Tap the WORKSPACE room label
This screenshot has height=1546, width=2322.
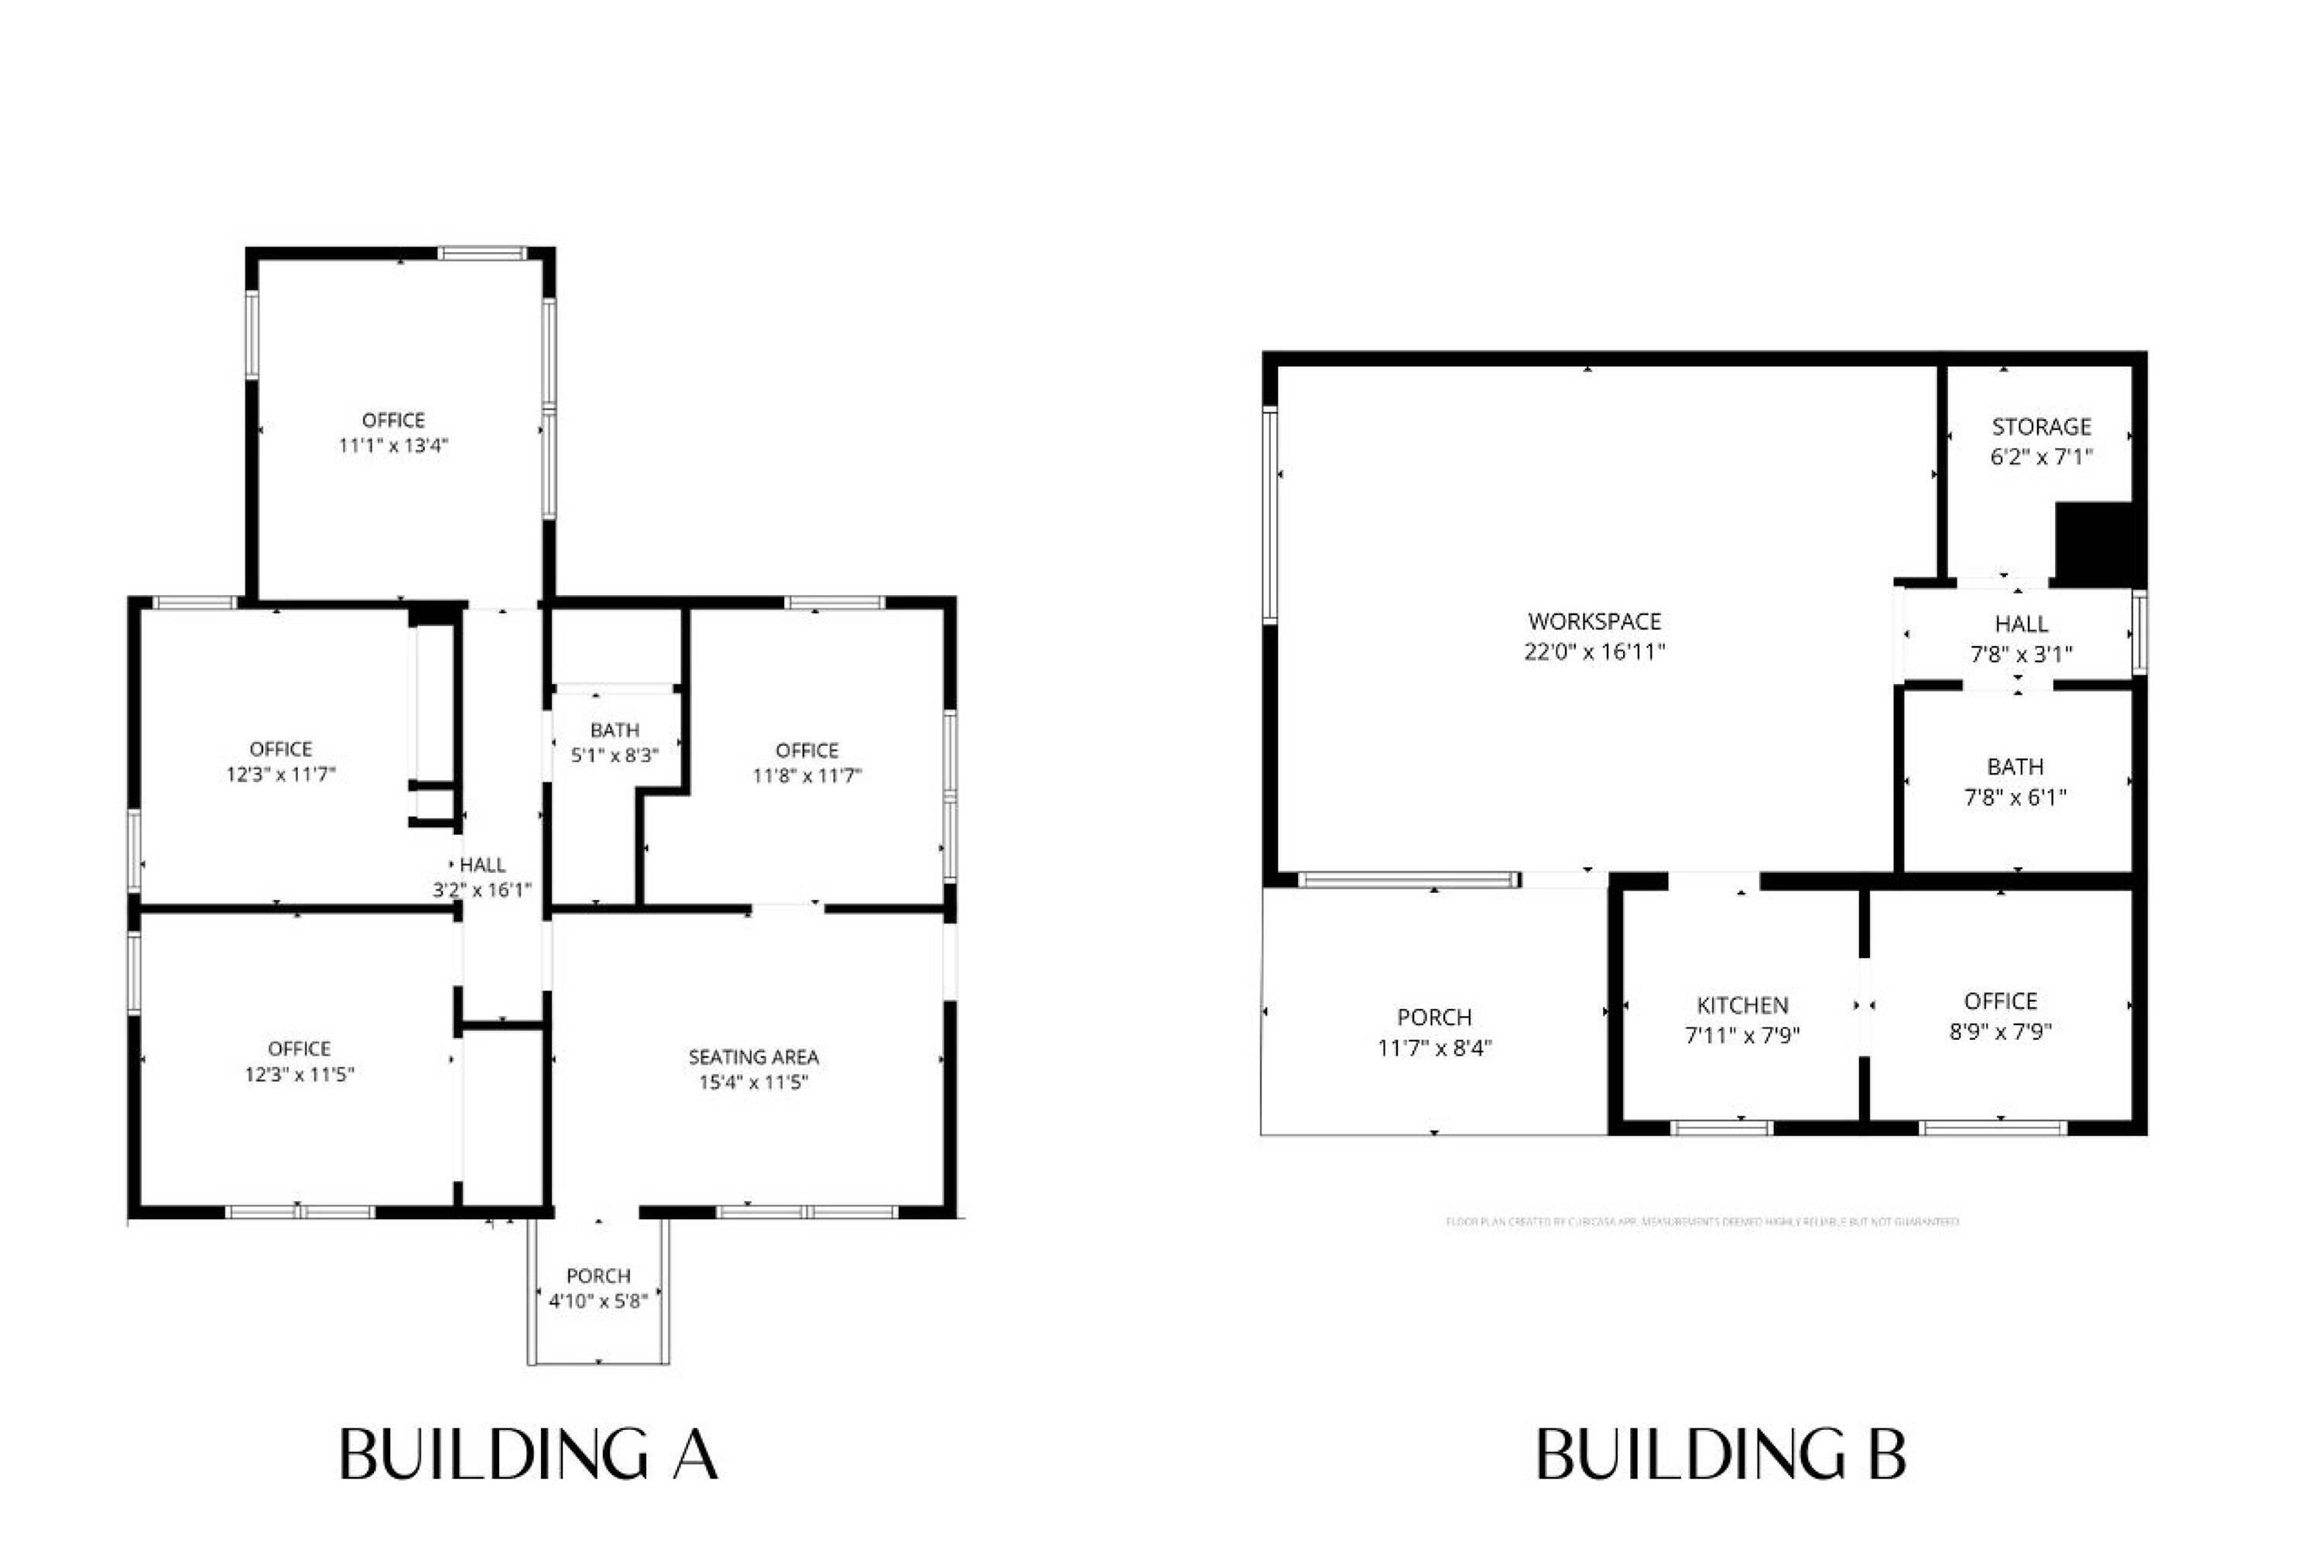pyautogui.click(x=1594, y=621)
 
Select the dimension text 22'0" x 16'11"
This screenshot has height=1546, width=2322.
pyautogui.click(x=1594, y=652)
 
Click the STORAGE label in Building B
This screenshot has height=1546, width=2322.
pyautogui.click(x=2041, y=427)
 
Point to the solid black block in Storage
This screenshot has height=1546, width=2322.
pyautogui.click(x=2094, y=543)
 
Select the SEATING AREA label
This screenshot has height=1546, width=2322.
pyautogui.click(x=753, y=1057)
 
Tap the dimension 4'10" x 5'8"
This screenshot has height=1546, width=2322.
pyautogui.click(x=598, y=1301)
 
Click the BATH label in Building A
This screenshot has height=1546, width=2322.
pyautogui.click(x=615, y=730)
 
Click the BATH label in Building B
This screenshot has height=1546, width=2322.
pyautogui.click(x=2015, y=766)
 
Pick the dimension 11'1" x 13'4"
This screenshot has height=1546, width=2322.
pyautogui.click(x=393, y=446)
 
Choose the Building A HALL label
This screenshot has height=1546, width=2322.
pyautogui.click(x=482, y=865)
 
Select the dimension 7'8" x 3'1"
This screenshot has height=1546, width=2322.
pyautogui.click(x=2021, y=654)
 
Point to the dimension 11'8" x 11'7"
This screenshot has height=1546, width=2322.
pyautogui.click(x=807, y=776)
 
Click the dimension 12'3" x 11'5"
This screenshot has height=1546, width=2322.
pyautogui.click(x=299, y=1074)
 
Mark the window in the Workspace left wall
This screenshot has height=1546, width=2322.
pyautogui.click(x=1270, y=515)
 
